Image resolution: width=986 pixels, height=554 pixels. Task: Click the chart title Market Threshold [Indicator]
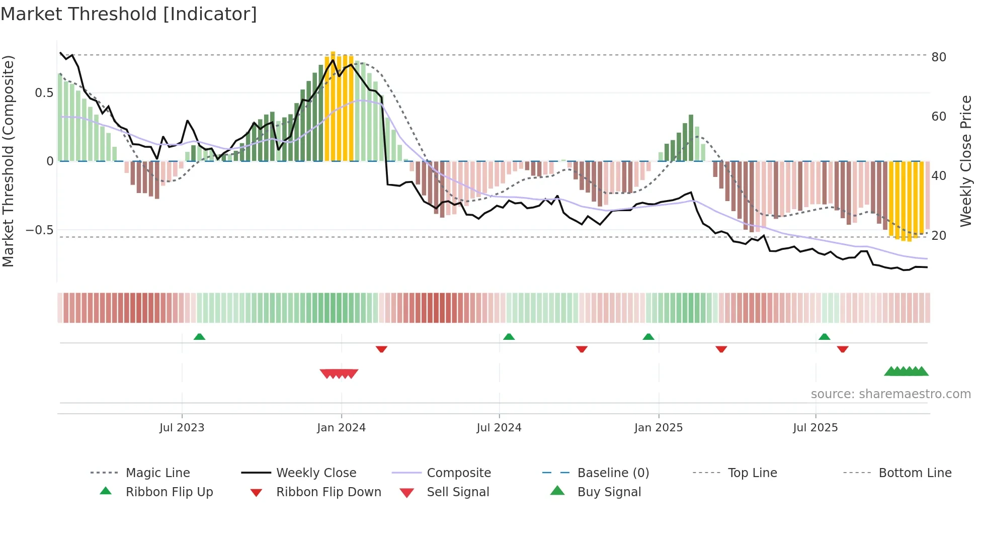(x=129, y=14)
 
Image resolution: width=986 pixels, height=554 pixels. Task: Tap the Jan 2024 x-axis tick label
(x=341, y=428)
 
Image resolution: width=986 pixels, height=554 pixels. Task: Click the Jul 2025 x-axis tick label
(x=815, y=428)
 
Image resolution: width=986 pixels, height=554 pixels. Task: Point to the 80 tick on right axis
(x=938, y=57)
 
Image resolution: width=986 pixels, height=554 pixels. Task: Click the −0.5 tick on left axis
(x=39, y=230)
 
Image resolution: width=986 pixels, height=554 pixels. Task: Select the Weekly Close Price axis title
(x=965, y=161)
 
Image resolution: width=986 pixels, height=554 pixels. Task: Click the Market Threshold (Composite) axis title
(x=8, y=161)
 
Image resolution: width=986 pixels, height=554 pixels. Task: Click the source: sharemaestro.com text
(x=890, y=394)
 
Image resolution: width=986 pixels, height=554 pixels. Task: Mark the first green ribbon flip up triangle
(x=199, y=337)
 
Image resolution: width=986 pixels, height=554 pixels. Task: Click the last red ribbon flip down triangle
(x=843, y=349)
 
